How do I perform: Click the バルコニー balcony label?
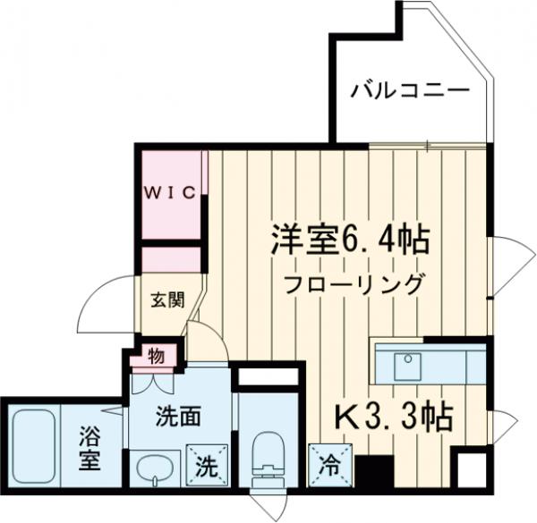tap(409, 90)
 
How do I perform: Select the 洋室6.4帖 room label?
tap(350, 239)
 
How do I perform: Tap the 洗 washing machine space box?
tap(205, 465)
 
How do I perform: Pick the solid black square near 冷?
tap(372, 469)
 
